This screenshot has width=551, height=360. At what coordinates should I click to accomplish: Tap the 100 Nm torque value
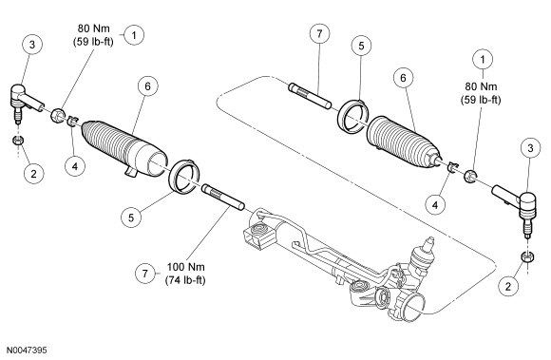[x=185, y=267]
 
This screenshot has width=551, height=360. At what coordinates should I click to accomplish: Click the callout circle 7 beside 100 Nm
[x=145, y=274]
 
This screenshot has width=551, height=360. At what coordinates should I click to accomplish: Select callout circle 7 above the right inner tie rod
[x=319, y=33]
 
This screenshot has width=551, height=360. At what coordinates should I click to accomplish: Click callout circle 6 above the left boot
[x=147, y=86]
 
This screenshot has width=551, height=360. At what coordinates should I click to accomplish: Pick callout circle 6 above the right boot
[x=403, y=78]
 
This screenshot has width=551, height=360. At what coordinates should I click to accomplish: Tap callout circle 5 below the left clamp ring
[x=131, y=218]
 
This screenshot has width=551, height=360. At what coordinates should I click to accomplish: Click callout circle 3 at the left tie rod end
[x=32, y=45]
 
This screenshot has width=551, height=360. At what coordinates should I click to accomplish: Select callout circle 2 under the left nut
[x=34, y=173]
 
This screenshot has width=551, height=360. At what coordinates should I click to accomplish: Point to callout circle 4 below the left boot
[x=75, y=165]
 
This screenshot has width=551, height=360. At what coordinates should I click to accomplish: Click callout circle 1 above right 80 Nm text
[x=483, y=59]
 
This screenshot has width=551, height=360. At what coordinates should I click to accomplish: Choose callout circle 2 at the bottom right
[x=508, y=287]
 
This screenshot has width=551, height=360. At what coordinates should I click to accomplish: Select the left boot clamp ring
[x=185, y=177]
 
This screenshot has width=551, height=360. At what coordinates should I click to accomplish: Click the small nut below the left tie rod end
[x=17, y=141]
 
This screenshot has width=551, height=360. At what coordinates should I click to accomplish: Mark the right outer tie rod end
[x=516, y=208]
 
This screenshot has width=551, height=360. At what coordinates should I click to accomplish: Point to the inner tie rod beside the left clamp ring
[x=223, y=199]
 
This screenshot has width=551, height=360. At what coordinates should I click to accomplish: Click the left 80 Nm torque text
[x=93, y=28]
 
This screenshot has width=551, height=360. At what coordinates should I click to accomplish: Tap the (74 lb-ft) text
[x=185, y=280]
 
